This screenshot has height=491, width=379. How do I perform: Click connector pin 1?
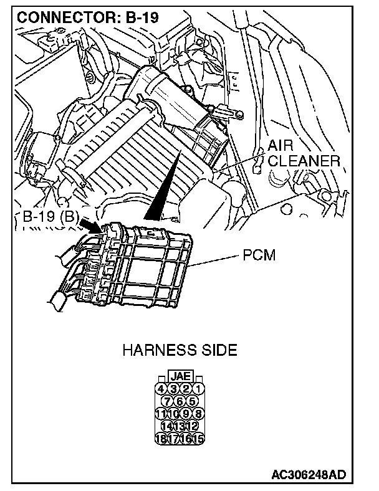pyautogui.click(x=198, y=389)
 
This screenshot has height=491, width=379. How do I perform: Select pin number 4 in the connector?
pyautogui.click(x=161, y=389)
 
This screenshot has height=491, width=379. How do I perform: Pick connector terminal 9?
pyautogui.click(x=186, y=413)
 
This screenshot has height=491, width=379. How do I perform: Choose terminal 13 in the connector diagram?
pyautogui.click(x=180, y=425)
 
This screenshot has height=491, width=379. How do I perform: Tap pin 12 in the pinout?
pyautogui.click(x=192, y=425)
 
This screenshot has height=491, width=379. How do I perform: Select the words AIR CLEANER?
pyautogui.click(x=303, y=153)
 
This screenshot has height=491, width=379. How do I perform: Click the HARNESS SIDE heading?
pyautogui.click(x=180, y=350)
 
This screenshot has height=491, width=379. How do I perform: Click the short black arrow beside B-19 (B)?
pyautogui.click(x=90, y=225)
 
